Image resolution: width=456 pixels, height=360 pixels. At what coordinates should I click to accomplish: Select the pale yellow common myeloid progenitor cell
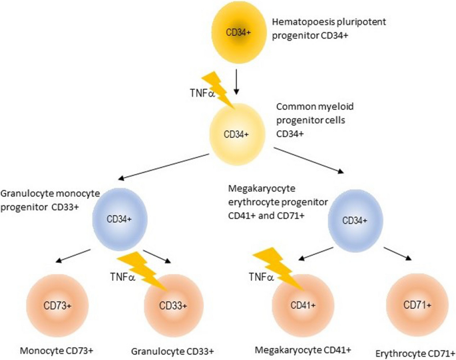click(x=237, y=134)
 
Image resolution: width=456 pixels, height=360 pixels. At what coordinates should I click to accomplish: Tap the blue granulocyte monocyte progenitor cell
click(x=120, y=219)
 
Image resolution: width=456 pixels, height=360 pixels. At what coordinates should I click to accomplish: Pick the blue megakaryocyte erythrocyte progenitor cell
click(x=355, y=221)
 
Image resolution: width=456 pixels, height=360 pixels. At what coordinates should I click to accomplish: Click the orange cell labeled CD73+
click(x=57, y=305)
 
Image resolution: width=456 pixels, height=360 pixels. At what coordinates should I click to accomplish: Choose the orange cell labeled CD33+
click(x=173, y=305)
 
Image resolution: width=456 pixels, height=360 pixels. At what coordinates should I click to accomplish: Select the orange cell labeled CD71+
click(x=417, y=305)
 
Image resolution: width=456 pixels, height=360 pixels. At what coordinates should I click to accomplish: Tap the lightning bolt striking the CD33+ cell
click(x=142, y=272)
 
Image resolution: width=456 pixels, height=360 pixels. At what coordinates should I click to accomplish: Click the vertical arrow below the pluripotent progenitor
click(x=236, y=82)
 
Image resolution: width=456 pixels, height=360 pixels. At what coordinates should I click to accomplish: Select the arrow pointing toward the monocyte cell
click(x=73, y=256)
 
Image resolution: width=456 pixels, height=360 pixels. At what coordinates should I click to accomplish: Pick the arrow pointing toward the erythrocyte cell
click(x=398, y=254)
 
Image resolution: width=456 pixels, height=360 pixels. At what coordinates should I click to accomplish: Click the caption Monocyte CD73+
click(x=57, y=351)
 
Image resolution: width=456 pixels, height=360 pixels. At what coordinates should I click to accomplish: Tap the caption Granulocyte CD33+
click(x=172, y=351)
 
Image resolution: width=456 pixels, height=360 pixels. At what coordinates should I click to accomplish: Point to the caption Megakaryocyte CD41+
click(x=303, y=350)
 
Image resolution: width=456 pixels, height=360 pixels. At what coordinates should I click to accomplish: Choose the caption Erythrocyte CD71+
click(x=415, y=353)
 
